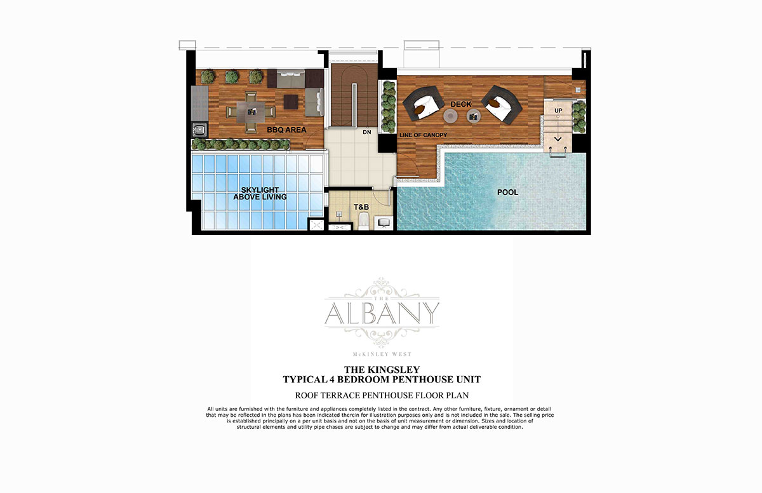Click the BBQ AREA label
(x=286, y=130)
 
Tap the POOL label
(x=507, y=192)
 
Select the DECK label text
(x=461, y=104)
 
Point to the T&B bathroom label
(x=361, y=207)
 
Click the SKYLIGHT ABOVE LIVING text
(x=260, y=193)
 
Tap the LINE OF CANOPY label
(x=423, y=135)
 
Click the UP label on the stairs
(x=558, y=111)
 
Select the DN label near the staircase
(x=367, y=132)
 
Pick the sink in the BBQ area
(x=199, y=130)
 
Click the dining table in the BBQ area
(x=251, y=112)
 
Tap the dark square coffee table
(x=291, y=102)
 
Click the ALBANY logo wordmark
(x=382, y=313)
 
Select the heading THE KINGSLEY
(x=382, y=370)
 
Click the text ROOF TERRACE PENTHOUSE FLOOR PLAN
(x=382, y=395)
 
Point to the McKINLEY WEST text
(x=382, y=354)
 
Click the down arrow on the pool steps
(x=558, y=139)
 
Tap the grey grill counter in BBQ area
(x=199, y=103)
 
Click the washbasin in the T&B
(x=384, y=222)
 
